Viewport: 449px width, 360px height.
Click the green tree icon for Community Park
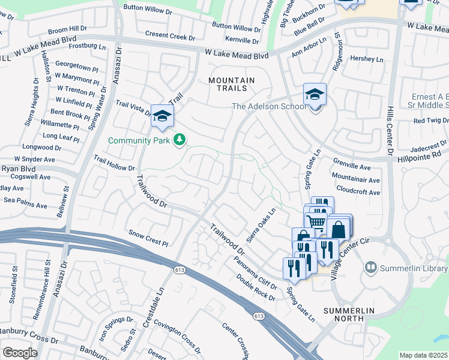(x=179, y=140)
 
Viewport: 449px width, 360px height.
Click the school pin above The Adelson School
(x=315, y=95)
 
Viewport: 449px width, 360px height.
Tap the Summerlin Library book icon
(x=371, y=266)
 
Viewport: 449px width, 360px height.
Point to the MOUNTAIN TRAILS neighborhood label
(x=231, y=84)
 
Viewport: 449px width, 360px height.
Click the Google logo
(x=20, y=353)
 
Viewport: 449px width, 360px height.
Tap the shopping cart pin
(x=317, y=222)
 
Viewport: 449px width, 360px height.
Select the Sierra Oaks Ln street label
(x=262, y=223)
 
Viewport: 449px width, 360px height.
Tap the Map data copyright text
(x=424, y=355)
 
